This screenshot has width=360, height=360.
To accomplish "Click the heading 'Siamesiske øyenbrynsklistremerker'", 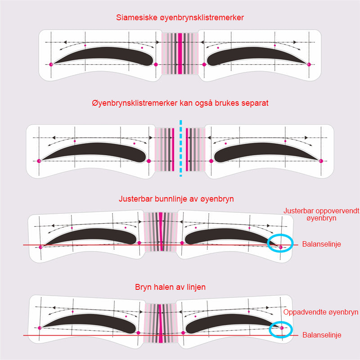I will tap(180, 18).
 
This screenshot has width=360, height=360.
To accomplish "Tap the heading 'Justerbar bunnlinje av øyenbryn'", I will tap(176, 199).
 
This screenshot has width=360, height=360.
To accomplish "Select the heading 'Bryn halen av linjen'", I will tap(171, 287).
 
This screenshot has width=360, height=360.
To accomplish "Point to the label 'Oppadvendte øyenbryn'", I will tap(321, 312).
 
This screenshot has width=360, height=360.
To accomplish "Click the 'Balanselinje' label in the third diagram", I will tap(322, 244).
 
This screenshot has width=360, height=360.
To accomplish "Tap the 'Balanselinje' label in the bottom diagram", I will tap(322, 335).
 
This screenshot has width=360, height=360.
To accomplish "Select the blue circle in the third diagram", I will tap(280, 243).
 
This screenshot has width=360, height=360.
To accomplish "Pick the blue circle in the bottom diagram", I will tap(281, 329).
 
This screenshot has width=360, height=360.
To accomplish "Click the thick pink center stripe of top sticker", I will tap(180, 53).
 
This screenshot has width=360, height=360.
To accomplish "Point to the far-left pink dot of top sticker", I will tap(51, 64).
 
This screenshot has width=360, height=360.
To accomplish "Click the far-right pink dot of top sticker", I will tap(309, 64).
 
